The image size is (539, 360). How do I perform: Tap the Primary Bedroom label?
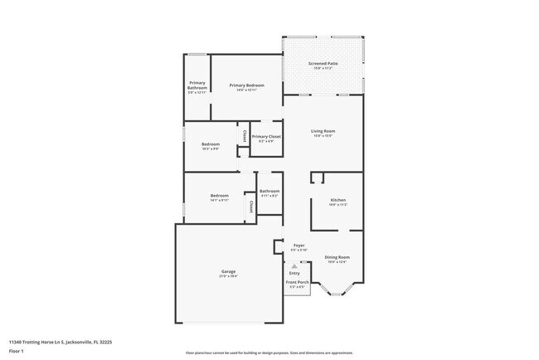(246, 85)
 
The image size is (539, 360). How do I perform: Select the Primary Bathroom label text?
(197, 85)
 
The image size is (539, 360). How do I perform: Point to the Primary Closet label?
(266, 136)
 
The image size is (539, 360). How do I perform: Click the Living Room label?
(323, 131)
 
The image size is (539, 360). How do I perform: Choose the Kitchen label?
(337, 200)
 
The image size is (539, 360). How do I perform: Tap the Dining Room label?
(337, 257)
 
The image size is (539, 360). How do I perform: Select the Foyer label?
(299, 246)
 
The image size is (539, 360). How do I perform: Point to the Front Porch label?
(296, 283)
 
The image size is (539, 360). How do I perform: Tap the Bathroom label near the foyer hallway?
(269, 191)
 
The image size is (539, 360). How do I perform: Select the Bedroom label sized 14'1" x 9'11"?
(219, 195)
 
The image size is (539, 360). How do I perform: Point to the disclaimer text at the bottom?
(269, 353)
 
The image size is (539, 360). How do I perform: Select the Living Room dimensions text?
(323, 136)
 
